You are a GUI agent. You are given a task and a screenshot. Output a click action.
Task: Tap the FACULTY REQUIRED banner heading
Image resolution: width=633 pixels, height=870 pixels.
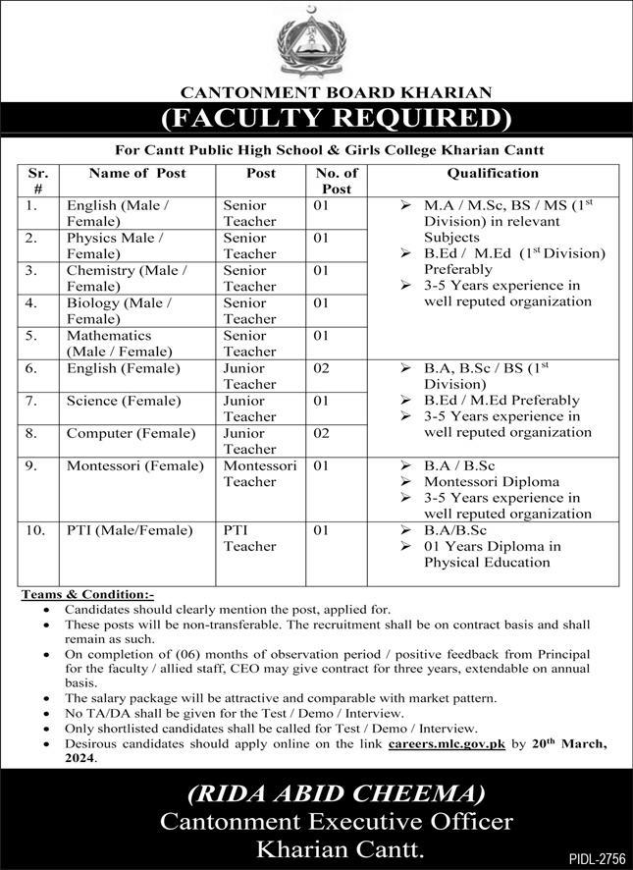(x=316, y=120)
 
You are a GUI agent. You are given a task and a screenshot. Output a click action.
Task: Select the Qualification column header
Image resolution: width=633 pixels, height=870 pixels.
(x=493, y=173)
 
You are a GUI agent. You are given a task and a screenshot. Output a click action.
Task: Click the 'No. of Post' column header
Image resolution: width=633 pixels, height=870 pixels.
(x=336, y=181)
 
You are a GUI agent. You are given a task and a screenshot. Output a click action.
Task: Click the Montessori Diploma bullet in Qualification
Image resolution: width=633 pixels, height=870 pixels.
(x=491, y=482)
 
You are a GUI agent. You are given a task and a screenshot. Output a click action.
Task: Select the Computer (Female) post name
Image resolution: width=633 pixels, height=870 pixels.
(x=123, y=432)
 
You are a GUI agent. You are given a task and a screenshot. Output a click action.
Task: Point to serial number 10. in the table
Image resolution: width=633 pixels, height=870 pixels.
(x=36, y=530)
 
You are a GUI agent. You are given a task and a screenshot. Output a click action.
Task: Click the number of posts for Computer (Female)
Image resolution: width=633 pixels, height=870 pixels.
(x=321, y=432)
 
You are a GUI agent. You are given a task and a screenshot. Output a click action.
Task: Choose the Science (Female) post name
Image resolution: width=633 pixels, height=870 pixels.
(x=124, y=401)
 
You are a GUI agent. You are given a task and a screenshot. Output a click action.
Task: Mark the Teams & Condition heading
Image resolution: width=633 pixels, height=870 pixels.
(x=87, y=595)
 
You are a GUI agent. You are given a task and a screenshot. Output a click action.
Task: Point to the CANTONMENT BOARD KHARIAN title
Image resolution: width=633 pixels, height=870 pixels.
(x=316, y=92)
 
